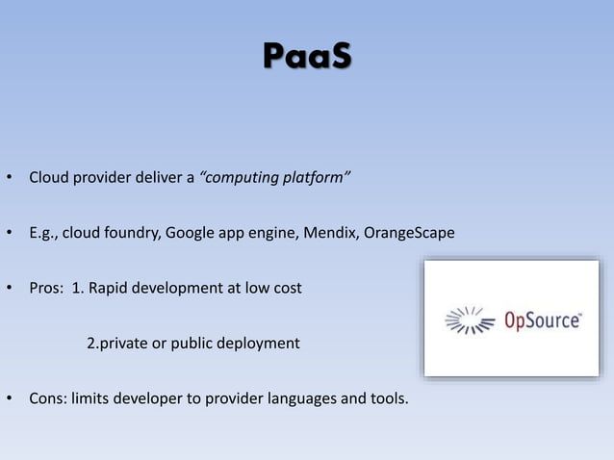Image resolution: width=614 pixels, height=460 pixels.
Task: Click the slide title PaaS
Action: pos(307,57)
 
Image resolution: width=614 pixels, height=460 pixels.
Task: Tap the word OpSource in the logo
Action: pos(544,319)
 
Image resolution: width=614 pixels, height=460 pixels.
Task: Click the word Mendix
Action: pos(331,233)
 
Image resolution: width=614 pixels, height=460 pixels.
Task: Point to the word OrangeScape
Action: pos(409,233)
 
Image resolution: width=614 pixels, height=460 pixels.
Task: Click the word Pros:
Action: pos(47,288)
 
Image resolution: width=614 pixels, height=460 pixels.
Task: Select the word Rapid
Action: pos(111,288)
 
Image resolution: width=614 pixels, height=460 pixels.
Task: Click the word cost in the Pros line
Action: pos(286,288)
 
